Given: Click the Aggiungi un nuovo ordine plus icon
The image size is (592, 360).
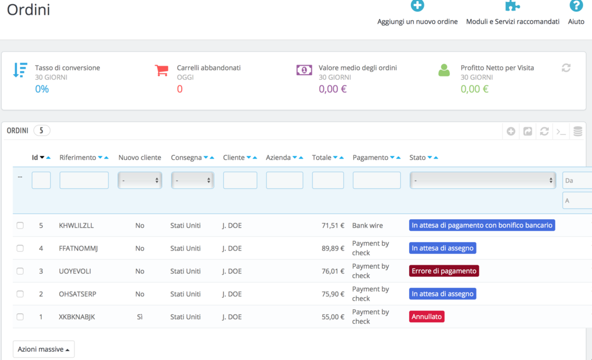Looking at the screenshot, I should click(x=417, y=6).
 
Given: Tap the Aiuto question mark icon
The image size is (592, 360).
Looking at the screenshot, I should click(x=575, y=6).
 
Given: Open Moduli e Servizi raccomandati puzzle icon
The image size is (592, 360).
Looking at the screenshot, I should click(x=512, y=6).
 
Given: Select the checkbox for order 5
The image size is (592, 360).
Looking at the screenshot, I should click(x=20, y=226).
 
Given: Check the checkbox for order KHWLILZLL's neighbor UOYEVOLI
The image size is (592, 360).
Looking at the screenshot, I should click(x=20, y=271).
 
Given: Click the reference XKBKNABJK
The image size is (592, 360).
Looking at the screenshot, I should click(x=77, y=317).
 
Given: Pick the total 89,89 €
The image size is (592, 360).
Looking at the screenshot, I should click(x=333, y=249).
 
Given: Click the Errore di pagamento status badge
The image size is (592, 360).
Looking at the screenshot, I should click(x=443, y=271).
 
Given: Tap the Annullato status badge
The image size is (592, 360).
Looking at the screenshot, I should click(x=426, y=317).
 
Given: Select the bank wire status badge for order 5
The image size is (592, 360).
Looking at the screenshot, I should click(x=482, y=226).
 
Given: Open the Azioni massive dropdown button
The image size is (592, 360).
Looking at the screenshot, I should click(x=44, y=349).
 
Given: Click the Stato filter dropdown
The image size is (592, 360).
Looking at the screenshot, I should click(x=482, y=180).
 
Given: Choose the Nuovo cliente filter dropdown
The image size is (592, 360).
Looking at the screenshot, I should click(x=140, y=180).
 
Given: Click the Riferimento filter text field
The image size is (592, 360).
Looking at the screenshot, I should click(x=84, y=180).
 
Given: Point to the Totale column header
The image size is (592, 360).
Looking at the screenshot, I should click(x=321, y=157).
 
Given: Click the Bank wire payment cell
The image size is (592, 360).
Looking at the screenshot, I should click(x=368, y=226).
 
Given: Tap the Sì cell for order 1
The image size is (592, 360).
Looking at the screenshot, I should click(x=140, y=317).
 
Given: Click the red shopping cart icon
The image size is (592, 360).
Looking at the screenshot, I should click(x=162, y=70).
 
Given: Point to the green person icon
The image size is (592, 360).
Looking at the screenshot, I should click(x=444, y=70).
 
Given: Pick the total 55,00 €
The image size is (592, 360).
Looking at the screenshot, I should click(x=333, y=317).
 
